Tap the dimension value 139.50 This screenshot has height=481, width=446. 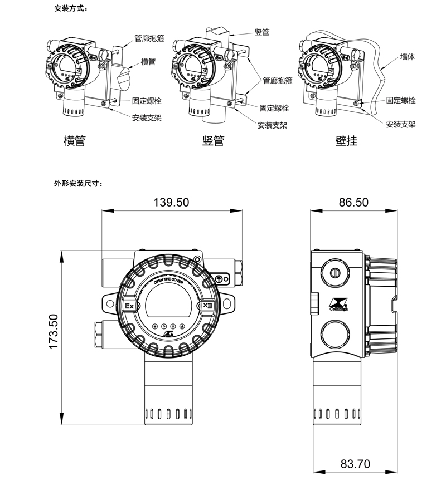click(171, 202)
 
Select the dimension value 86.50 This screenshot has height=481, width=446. click(354, 202)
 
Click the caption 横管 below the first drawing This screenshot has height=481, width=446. click(75, 141)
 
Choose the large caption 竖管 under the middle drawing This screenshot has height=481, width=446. click(213, 141)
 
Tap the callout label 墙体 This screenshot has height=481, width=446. click(408, 57)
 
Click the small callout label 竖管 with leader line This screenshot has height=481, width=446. click(262, 32)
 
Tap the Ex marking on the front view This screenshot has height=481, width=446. click(129, 306)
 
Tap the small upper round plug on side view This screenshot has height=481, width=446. click(335, 273)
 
